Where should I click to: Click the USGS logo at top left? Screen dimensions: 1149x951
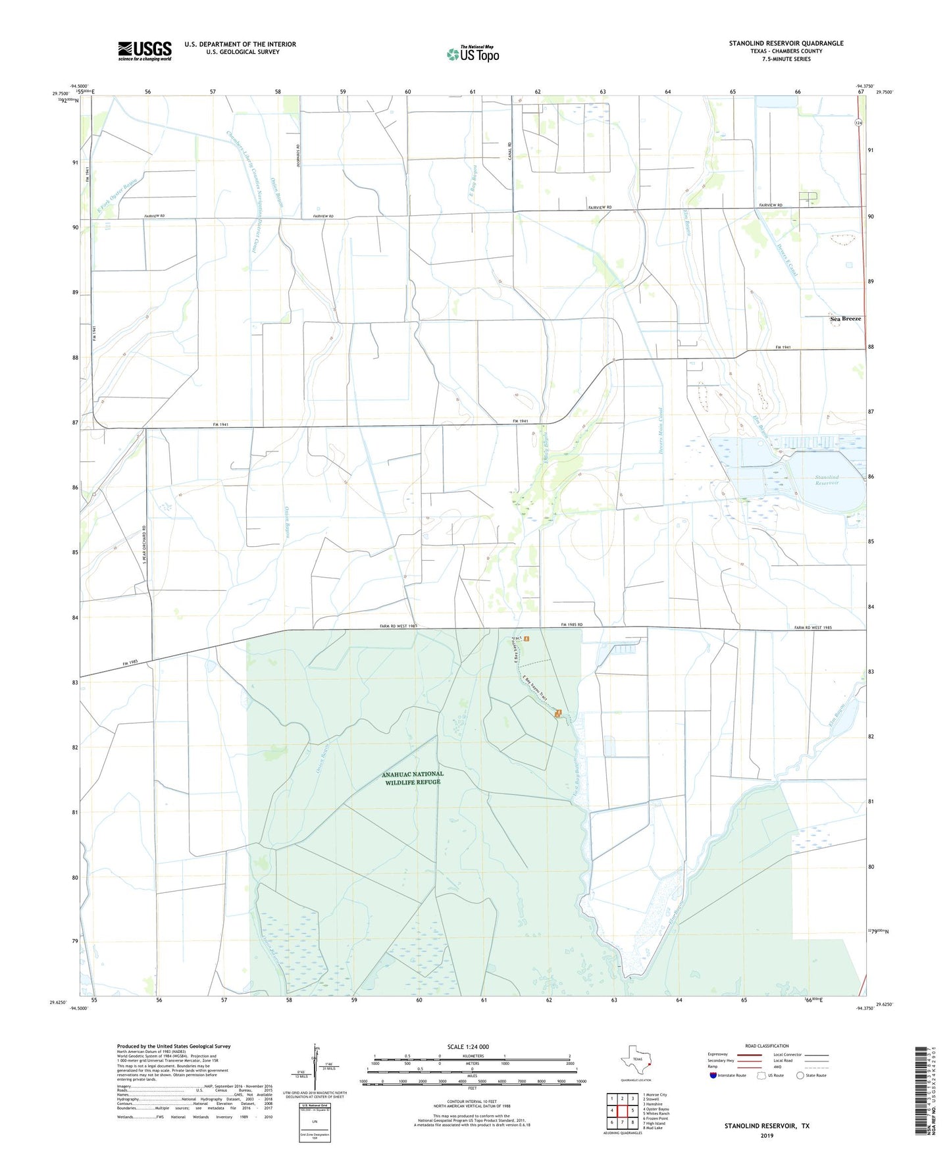pyautogui.click(x=145, y=51)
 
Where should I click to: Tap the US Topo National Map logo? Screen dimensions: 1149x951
pyautogui.click(x=473, y=53)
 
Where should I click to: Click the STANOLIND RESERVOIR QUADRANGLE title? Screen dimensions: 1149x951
pyautogui.click(x=786, y=43)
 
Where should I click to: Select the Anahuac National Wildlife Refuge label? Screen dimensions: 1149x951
pyautogui.click(x=413, y=778)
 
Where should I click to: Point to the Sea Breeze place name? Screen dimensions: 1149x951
pyautogui.click(x=846, y=319)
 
